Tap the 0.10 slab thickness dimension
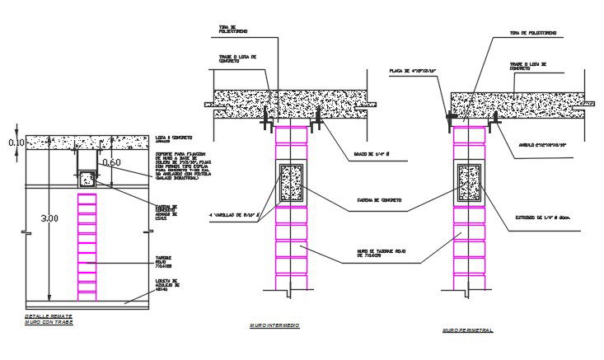16,143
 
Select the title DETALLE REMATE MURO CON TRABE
49,319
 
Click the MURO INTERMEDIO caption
274,326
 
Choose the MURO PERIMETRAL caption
467,330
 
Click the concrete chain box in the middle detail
293,185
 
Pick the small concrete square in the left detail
85,175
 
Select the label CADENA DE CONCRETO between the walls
380,199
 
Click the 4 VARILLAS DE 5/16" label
234,216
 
